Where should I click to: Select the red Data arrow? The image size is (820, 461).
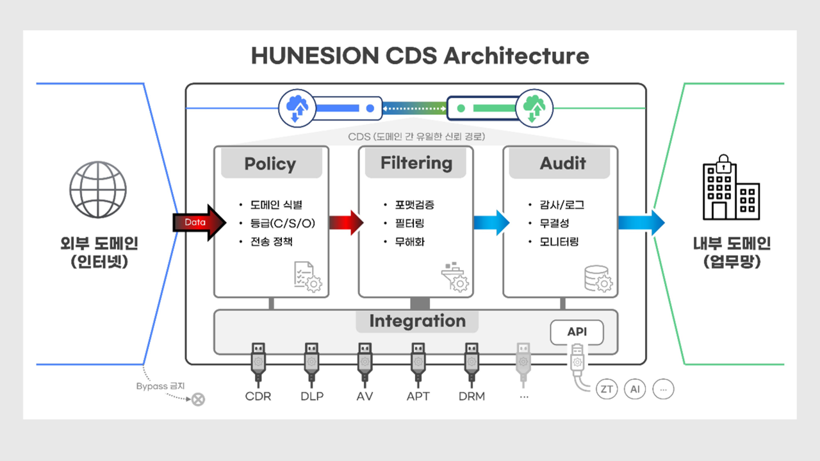pyautogui.click(x=199, y=222)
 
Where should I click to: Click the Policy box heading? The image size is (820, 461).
pyautogui.click(x=270, y=163)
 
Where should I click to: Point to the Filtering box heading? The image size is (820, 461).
pyautogui.click(x=416, y=163)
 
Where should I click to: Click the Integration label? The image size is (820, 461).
pyautogui.click(x=417, y=321)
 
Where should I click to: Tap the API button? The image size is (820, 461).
pyautogui.click(x=577, y=332)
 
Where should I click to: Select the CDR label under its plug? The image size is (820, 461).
pyautogui.click(x=258, y=396)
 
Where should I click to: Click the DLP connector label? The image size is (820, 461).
pyautogui.click(x=312, y=396)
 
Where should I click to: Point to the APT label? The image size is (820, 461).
pyautogui.click(x=418, y=396)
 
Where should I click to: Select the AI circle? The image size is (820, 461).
pyautogui.click(x=635, y=389)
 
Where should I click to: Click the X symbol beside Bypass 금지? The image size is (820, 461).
pyautogui.click(x=199, y=399)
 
